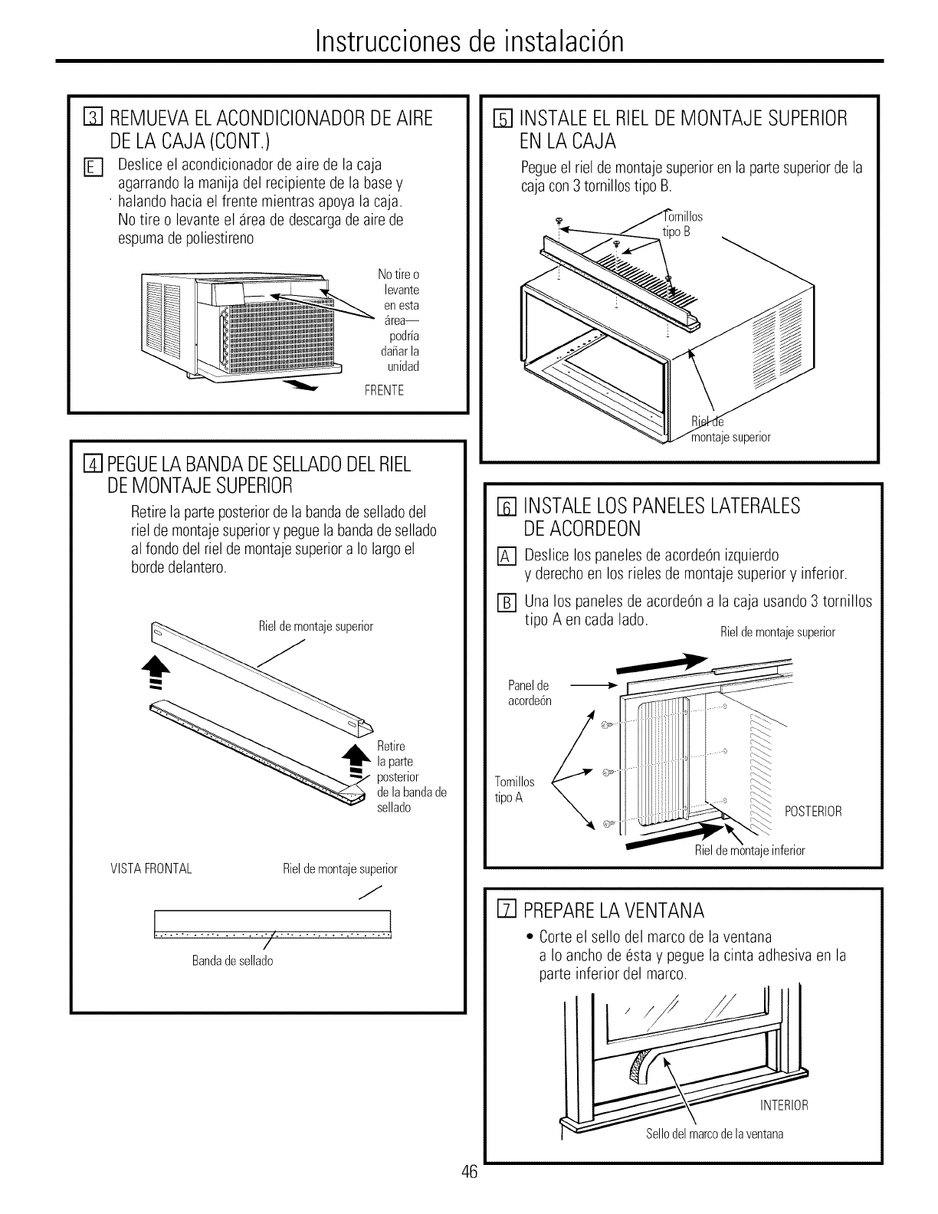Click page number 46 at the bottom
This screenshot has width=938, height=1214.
470,1194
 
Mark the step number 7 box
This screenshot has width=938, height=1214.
505,910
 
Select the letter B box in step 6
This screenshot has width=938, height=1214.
507,602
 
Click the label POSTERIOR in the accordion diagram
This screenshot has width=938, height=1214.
814,812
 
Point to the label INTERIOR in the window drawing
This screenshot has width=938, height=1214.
784,1105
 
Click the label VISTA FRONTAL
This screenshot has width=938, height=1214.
151,869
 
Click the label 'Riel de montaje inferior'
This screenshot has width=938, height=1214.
749,851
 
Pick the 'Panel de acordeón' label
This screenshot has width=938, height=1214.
530,693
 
